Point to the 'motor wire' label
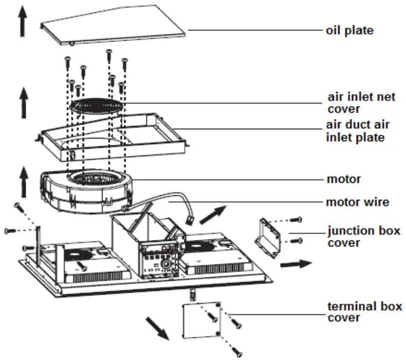click(x=358, y=202)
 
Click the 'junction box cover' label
click(x=364, y=236)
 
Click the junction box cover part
click(x=269, y=236)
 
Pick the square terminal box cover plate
click(x=202, y=320)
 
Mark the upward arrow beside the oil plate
click(x=22, y=22)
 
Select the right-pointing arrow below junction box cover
click(x=296, y=263)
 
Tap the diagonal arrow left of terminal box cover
click(x=158, y=328)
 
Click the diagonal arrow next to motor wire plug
click(x=212, y=214)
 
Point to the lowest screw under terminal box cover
click(x=238, y=352)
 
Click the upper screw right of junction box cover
click(x=295, y=220)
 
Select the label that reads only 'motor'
click(x=344, y=180)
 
